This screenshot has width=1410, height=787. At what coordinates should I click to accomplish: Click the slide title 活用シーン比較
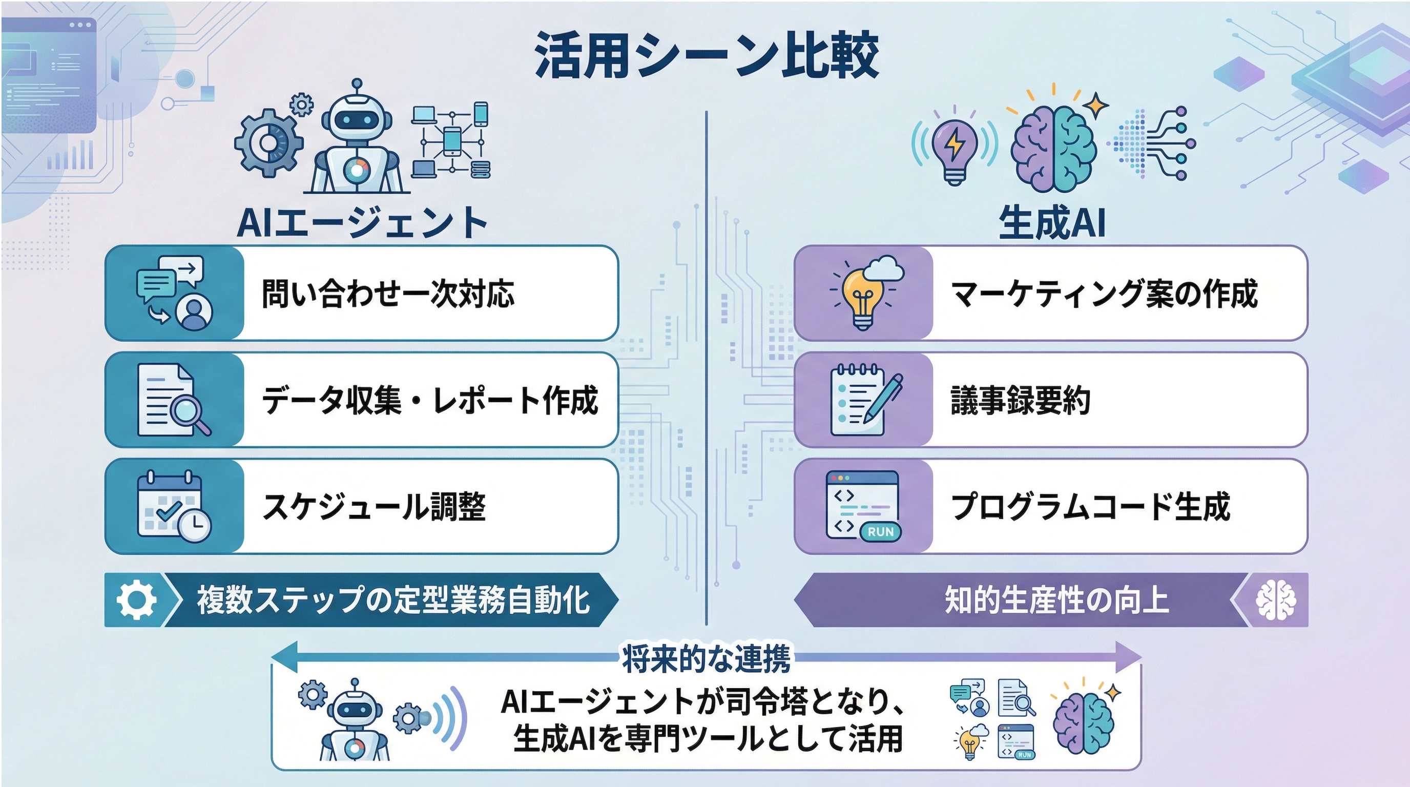tap(706, 55)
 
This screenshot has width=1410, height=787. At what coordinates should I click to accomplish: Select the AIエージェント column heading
tap(362, 223)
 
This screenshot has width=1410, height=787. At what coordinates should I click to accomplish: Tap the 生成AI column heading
tap(1051, 223)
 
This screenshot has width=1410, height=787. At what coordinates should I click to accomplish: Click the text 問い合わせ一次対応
tap(388, 294)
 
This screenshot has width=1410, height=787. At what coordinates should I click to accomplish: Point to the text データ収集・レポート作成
tap(430, 400)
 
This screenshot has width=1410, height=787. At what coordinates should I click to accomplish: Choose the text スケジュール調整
tap(375, 506)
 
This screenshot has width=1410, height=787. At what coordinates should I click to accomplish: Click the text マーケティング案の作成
tap(1104, 294)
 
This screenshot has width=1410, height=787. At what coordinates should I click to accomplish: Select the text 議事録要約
tap(1020, 400)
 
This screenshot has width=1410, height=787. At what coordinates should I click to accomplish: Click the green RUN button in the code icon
tap(880, 531)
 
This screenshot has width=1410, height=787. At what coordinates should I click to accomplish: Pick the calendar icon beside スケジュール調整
tap(174, 506)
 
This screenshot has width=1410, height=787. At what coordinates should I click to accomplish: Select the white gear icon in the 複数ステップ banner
tap(136, 600)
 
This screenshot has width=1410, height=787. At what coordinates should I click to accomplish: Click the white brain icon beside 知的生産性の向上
tap(1276, 600)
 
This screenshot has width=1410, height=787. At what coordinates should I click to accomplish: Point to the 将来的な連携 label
tap(706, 659)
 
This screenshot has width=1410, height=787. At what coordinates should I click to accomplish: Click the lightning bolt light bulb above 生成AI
tap(955, 151)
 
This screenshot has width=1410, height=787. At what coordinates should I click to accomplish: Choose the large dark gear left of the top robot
tap(268, 143)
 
